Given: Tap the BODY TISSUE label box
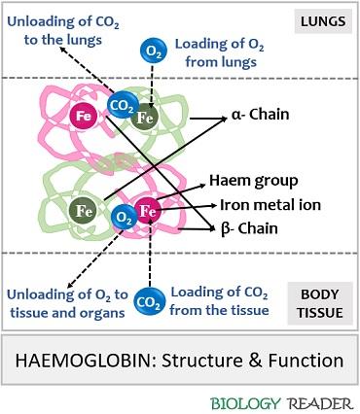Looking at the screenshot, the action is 318,291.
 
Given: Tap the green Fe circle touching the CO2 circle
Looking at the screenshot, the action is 146,119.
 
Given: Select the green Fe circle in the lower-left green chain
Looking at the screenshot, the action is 84,209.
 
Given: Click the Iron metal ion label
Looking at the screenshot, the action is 270,205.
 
